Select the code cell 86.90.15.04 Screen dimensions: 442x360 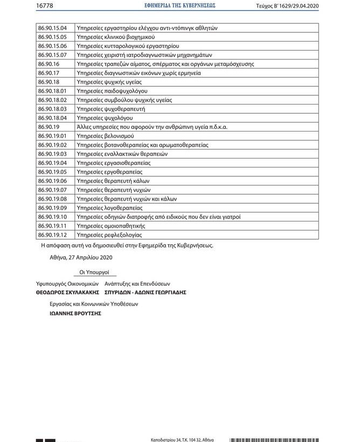tap(52, 28)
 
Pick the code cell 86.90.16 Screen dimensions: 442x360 tap(49, 64)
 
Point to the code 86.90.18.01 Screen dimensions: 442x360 tap(52, 91)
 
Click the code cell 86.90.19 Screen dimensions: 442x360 tap(49, 127)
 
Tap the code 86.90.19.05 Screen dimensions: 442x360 tap(52, 172)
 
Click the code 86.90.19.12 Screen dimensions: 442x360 tap(52, 235)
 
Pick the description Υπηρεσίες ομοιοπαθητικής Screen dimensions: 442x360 tap(112, 226)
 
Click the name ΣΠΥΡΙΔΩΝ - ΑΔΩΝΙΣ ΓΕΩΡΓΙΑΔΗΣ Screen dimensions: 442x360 tap(146, 292)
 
